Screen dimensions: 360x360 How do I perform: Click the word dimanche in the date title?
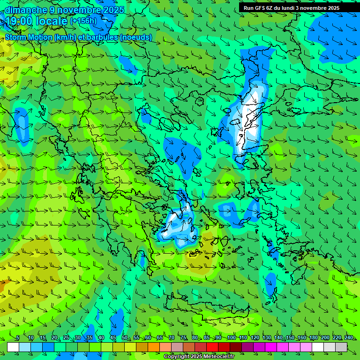coord(26,10)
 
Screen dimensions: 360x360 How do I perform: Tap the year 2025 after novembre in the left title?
coord(112,10)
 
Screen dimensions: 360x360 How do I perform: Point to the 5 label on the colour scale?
coord(18,338)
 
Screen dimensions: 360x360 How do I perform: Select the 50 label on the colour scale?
coord(124,338)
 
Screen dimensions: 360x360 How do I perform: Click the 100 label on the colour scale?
coord(231,338)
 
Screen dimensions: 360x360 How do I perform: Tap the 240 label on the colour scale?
coord(349,338)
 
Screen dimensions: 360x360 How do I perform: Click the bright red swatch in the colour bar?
coord(212,347)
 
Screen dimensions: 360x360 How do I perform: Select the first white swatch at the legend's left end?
coord(13,347)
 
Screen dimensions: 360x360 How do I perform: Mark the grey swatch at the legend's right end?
coord(341,347)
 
